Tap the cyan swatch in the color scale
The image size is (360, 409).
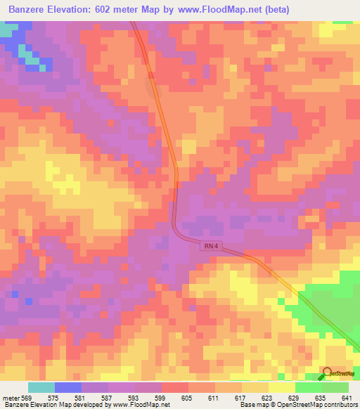[x=41, y=387]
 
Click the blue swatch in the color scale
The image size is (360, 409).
[x=68, y=387]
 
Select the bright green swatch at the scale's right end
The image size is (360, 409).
[x=335, y=387]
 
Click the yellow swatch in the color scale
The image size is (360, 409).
[x=282, y=387]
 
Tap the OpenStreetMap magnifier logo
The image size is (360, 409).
[x=328, y=373]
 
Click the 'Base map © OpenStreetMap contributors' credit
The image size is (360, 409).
[x=297, y=405]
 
